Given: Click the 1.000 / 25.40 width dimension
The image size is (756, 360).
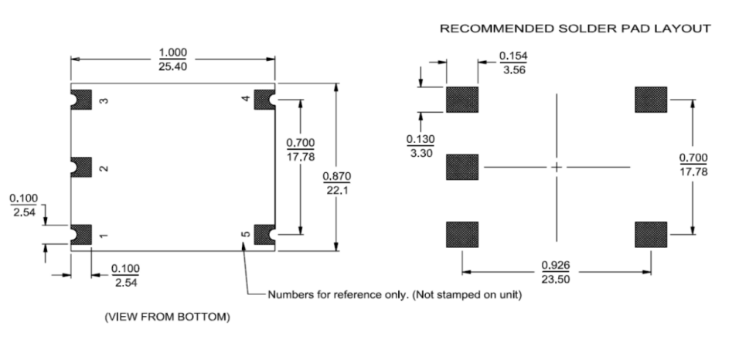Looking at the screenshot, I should coord(173,59).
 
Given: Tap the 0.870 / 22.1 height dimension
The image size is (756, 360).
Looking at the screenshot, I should coord(336,183).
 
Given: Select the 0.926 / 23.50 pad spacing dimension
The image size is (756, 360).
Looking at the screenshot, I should coord(556,273).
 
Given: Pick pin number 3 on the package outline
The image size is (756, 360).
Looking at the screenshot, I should coord(103,100).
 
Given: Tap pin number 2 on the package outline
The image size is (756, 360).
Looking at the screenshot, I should coord(103,167).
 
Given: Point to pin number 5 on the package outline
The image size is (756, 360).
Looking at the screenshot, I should coord(245,234).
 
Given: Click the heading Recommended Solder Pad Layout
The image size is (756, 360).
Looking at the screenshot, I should coord(574,29).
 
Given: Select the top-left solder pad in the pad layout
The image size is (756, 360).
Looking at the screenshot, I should coord(461,100).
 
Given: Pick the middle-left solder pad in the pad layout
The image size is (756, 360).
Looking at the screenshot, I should coord(461,167).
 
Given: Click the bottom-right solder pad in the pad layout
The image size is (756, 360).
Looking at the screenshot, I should coord(650,234).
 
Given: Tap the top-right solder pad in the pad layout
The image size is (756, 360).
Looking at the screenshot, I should coord(650,100).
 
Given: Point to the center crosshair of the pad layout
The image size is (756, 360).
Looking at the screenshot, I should coord(556,167).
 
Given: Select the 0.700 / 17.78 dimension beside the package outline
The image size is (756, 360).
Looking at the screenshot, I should coord(300,149).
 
